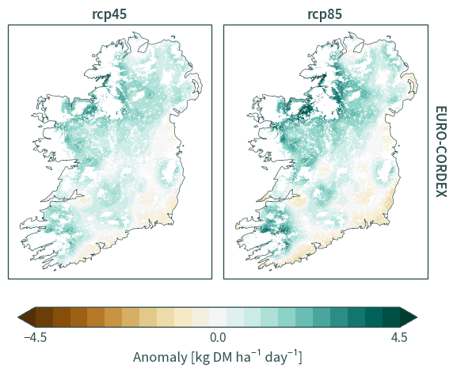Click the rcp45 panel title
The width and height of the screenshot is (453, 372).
coord(109,14)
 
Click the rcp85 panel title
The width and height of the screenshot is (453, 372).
coord(325,14)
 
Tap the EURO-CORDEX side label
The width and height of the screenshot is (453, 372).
coord(441,152)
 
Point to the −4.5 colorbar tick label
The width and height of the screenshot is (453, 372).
coord(36,337)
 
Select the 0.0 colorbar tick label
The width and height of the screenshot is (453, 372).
coord(218,337)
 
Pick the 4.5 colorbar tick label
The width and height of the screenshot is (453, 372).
coord(399,337)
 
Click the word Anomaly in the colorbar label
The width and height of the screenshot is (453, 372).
coord(160,358)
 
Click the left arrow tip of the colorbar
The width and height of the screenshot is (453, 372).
coord(18,317)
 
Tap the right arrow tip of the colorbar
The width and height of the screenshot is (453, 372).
coord(417,317)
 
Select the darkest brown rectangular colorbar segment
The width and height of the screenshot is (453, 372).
coord(44,317)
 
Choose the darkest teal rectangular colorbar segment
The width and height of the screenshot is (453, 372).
coord(391,317)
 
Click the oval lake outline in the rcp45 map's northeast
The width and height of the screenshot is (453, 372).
coord(143,47)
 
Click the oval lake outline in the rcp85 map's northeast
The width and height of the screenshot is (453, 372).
coord(359,47)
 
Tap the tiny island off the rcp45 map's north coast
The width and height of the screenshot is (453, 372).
coord(173,36)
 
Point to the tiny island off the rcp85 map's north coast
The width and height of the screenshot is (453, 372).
coord(389,36)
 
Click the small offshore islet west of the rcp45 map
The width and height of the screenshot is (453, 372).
coord(49,168)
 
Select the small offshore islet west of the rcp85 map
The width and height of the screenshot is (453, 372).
coord(265,168)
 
